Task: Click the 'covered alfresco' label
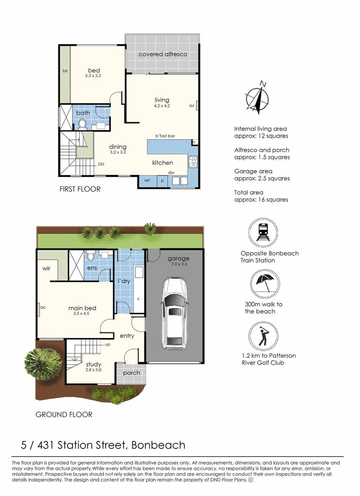click(163, 54)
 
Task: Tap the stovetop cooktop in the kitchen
click(192, 162)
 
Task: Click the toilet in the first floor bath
click(83, 123)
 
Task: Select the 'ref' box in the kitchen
click(147, 180)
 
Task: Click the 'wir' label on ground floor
click(46, 268)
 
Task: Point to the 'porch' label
click(131, 372)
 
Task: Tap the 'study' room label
click(93, 365)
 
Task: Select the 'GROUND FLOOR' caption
click(64, 415)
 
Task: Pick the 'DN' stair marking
click(101, 164)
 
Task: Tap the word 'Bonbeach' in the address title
click(158, 445)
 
